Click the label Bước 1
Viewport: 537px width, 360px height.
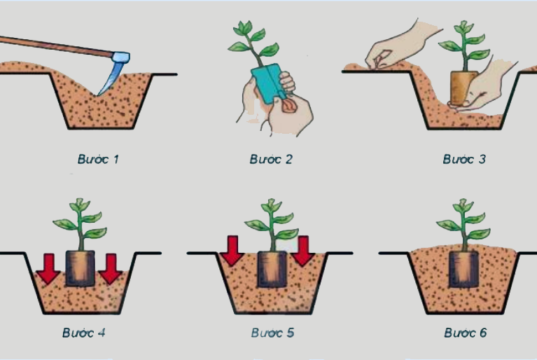[98, 159]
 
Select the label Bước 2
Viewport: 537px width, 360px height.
[271, 159]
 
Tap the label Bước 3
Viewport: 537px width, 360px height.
[464, 159]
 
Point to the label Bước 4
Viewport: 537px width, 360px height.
[83, 333]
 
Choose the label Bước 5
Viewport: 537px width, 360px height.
[272, 333]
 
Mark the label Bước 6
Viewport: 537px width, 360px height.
[466, 333]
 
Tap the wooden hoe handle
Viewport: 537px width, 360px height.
[57, 46]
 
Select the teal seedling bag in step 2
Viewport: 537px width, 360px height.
[269, 83]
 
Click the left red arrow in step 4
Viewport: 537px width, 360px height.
[48, 269]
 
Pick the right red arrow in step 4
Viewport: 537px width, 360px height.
[111, 269]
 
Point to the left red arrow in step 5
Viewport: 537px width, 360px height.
[232, 251]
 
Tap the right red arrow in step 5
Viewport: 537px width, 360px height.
[303, 251]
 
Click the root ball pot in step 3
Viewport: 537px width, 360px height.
[463, 88]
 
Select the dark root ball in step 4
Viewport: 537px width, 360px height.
[80, 268]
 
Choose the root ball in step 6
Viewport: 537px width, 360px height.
[463, 269]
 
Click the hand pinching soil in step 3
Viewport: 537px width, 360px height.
[400, 45]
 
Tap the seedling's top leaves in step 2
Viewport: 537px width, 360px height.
[245, 27]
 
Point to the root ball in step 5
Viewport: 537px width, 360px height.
[272, 269]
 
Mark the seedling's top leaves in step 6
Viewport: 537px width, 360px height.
[463, 205]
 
